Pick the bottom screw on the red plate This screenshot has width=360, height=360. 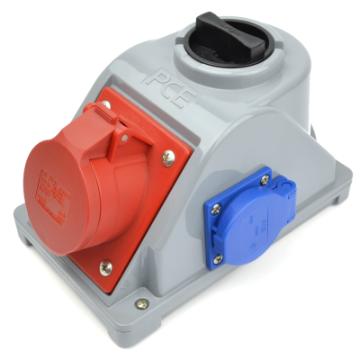[x=105, y=265]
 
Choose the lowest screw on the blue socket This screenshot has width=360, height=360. [x=218, y=260]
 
